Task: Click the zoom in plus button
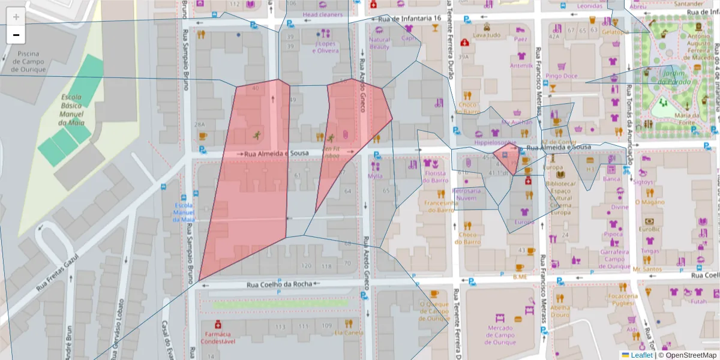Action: pyautogui.click(x=16, y=17)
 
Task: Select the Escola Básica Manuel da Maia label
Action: pyautogui.click(x=71, y=110)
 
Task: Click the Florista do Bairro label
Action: pyautogui.click(x=436, y=176)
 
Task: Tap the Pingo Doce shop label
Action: pyautogui.click(x=562, y=76)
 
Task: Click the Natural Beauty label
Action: pyautogui.click(x=379, y=43)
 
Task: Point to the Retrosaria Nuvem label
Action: pyautogui.click(x=466, y=194)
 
